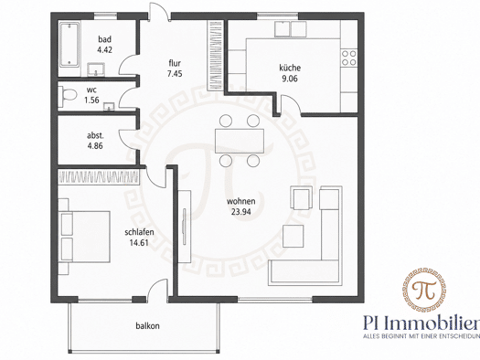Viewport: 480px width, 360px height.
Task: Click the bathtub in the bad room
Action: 69,45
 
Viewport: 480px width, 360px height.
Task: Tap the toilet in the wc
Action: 68,93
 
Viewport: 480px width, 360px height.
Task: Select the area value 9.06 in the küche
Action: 290,79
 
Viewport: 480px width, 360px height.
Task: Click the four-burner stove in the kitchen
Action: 349,58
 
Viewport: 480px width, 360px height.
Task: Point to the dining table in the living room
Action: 240,141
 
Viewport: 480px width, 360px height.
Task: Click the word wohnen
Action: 241,201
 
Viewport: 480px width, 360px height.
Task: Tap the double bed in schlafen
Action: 85,236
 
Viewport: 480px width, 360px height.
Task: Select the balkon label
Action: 147,326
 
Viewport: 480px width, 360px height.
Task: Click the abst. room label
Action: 95,135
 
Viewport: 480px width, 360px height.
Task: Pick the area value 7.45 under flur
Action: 175,74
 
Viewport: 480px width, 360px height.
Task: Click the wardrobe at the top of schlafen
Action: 99,177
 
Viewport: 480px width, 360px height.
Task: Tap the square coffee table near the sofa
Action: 293,236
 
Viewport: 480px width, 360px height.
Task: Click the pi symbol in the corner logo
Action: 424,290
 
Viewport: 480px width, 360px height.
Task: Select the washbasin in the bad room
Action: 96,69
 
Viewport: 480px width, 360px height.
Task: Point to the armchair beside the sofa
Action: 302,198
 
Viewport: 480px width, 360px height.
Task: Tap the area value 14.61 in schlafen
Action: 139,243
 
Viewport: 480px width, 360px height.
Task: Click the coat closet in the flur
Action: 216,56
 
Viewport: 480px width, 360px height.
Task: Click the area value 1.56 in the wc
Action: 91,100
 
